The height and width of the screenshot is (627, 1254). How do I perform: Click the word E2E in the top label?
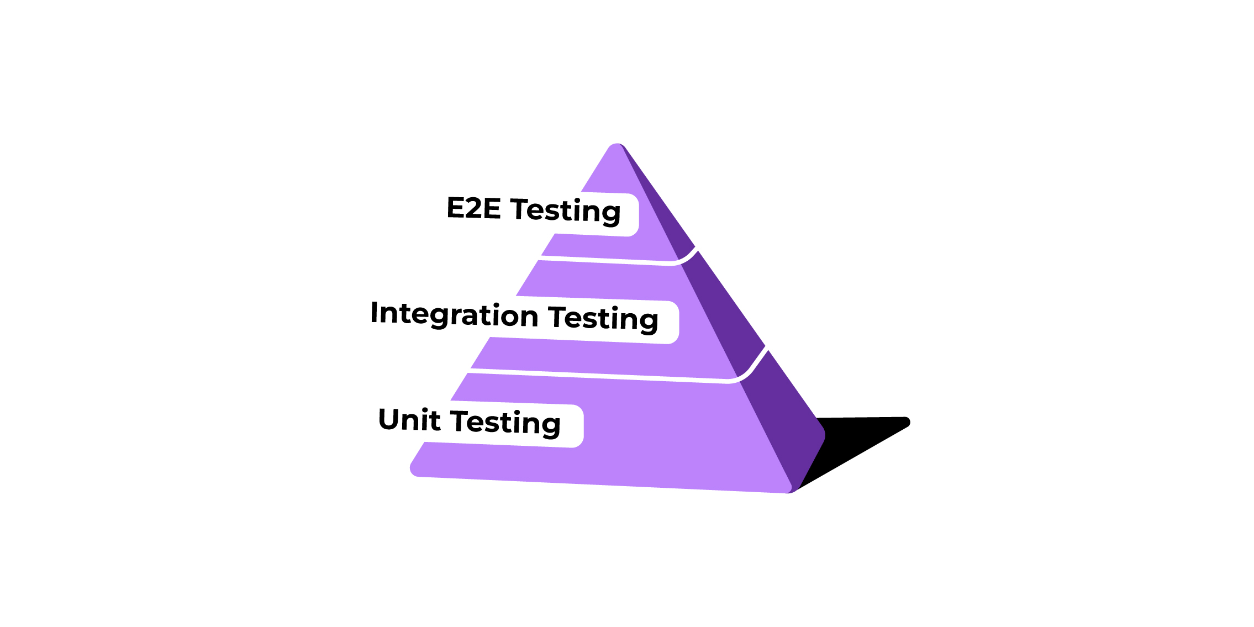(473, 208)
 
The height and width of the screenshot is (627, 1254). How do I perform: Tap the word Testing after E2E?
(566, 212)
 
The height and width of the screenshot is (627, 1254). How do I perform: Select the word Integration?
(455, 314)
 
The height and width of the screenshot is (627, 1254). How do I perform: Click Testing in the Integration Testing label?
(604, 319)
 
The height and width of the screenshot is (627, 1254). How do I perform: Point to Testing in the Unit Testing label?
(505, 423)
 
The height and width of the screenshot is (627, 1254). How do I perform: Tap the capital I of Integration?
(375, 312)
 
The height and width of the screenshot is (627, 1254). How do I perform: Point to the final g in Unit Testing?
(551, 427)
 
